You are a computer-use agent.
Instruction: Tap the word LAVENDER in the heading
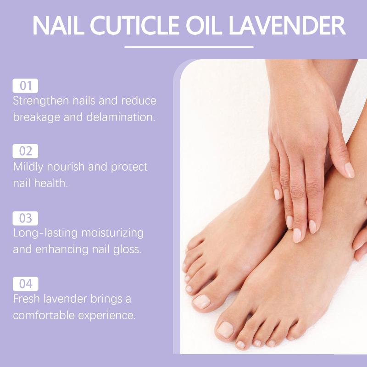point(287,25)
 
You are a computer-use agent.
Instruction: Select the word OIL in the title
point(204,25)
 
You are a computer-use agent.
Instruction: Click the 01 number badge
point(25,86)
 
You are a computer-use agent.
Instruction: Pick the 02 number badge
point(25,151)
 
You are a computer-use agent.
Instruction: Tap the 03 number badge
point(25,218)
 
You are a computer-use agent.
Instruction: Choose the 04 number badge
point(25,284)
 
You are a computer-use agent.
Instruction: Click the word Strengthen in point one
point(41,101)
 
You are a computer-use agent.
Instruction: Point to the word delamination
point(121,117)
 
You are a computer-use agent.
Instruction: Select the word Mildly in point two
point(28,167)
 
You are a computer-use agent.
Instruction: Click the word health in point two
point(51,183)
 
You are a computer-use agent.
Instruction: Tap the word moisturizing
point(112,234)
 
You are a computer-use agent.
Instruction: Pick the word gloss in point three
point(127,250)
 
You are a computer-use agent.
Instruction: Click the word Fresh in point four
point(26,299)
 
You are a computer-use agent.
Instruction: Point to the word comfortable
point(44,315)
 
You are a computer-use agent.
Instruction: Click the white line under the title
point(189,47)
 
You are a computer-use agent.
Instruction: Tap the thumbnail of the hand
point(349,170)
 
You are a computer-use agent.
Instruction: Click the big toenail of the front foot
point(225,329)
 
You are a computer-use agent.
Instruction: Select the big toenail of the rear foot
point(201,302)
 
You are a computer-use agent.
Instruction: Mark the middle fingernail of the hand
point(297,235)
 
